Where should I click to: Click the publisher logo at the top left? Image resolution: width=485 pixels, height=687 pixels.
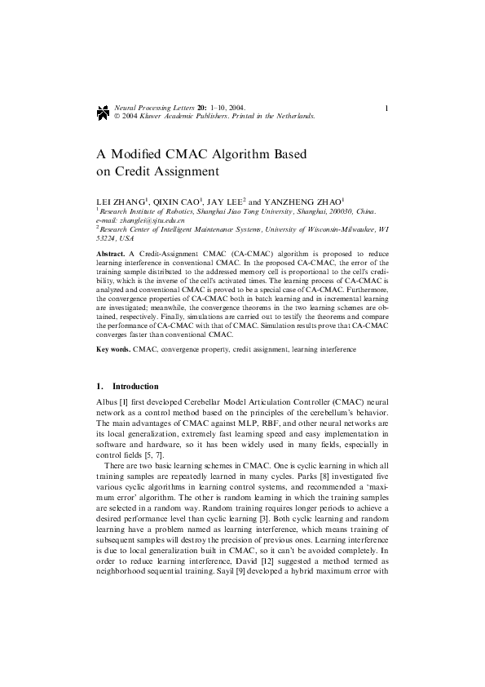(102, 111)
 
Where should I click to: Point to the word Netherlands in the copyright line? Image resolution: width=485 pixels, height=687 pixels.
(293, 116)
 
